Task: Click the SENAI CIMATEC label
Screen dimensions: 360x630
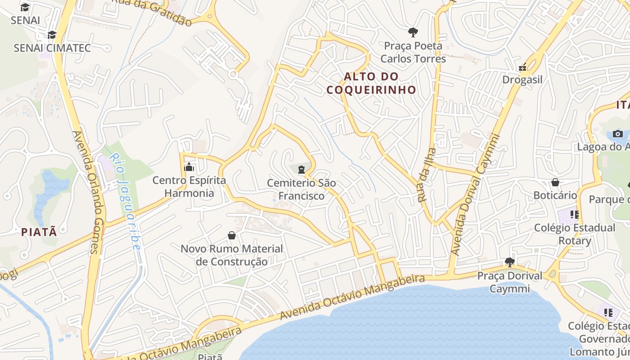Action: click(52, 48)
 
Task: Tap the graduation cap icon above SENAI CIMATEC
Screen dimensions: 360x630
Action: click(52, 35)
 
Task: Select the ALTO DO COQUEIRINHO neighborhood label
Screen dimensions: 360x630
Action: click(371, 83)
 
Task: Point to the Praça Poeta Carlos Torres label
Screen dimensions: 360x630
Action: click(413, 52)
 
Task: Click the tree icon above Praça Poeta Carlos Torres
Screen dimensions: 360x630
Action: click(413, 32)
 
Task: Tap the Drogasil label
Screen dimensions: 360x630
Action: click(522, 80)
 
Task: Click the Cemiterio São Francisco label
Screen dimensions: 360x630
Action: click(301, 189)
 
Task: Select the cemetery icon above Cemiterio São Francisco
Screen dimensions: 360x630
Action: click(301, 169)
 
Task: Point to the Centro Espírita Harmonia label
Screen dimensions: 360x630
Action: click(189, 187)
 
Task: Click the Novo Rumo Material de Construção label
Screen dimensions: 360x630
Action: click(232, 255)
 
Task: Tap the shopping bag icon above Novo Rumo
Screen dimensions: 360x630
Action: click(232, 235)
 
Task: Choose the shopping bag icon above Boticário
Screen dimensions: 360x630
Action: click(555, 182)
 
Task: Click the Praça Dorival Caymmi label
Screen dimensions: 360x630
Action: click(510, 282)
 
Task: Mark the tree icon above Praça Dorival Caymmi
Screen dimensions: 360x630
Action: click(509, 262)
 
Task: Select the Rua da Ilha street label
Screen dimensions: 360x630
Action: click(426, 175)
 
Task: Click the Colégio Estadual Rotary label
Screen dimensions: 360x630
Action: click(575, 234)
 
